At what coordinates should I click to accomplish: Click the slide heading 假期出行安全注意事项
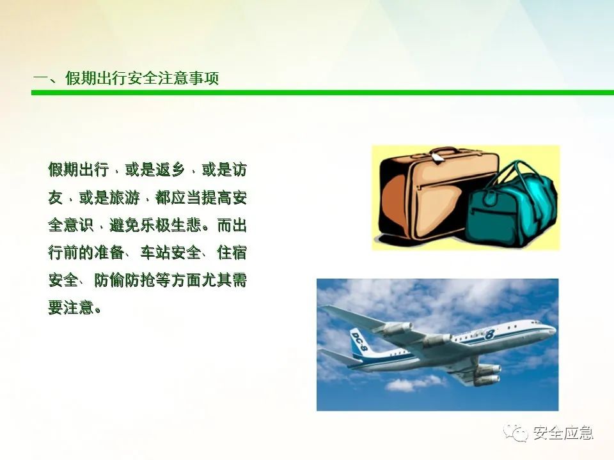pyautogui.click(x=142, y=78)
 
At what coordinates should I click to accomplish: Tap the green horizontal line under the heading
pyautogui.click(x=322, y=93)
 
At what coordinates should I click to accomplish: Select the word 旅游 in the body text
pyautogui.click(x=124, y=197)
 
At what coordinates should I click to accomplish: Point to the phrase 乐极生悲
pyautogui.click(x=170, y=226)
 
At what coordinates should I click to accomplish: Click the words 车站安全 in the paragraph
pyautogui.click(x=170, y=253)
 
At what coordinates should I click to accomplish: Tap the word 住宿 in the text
pyautogui.click(x=232, y=253)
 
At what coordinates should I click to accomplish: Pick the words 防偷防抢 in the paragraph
pyautogui.click(x=124, y=280)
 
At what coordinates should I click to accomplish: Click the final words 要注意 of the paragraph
pyautogui.click(x=70, y=307)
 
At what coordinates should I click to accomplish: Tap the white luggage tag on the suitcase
pyautogui.click(x=437, y=157)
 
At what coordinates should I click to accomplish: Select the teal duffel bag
pyautogui.click(x=510, y=204)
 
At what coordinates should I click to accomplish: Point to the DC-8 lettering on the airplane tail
pyautogui.click(x=359, y=341)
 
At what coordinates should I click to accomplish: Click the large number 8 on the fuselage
pyautogui.click(x=489, y=334)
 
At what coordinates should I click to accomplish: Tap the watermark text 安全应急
pyautogui.click(x=563, y=433)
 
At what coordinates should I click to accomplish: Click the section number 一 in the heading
pyautogui.click(x=40, y=77)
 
